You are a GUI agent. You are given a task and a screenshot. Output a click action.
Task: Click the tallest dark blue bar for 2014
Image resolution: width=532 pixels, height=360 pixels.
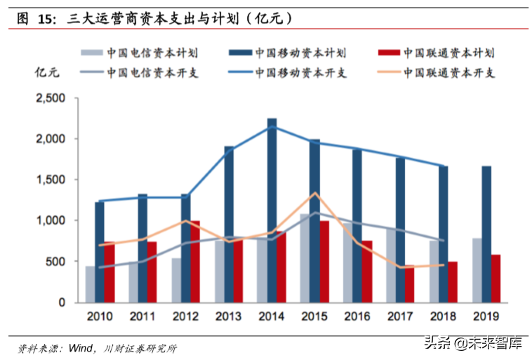point(272,211)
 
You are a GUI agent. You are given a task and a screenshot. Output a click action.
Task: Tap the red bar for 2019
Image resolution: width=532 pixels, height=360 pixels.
point(496,279)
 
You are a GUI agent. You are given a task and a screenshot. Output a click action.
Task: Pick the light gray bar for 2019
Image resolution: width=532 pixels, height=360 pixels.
point(477,270)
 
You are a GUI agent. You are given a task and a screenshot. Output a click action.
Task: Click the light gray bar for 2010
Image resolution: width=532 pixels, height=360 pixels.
point(91,284)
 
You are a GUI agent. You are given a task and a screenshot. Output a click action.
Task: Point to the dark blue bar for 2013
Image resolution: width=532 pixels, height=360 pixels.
point(229,225)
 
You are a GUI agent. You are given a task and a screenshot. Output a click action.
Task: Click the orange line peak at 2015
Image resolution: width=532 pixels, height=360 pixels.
point(314,193)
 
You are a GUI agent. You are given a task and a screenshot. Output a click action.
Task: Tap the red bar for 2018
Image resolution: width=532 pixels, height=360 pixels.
point(453,282)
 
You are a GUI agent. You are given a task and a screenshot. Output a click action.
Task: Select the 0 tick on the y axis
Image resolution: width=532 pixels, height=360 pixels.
point(61,302)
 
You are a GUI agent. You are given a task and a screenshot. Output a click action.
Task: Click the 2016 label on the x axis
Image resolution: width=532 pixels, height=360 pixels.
point(357,316)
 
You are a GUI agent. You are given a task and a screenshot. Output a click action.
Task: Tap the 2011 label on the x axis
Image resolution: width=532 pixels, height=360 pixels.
point(142,316)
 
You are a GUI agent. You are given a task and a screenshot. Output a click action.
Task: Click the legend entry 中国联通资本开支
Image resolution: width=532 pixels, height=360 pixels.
point(449,72)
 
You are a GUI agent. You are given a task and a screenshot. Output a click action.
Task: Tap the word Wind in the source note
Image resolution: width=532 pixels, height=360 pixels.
point(82,347)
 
